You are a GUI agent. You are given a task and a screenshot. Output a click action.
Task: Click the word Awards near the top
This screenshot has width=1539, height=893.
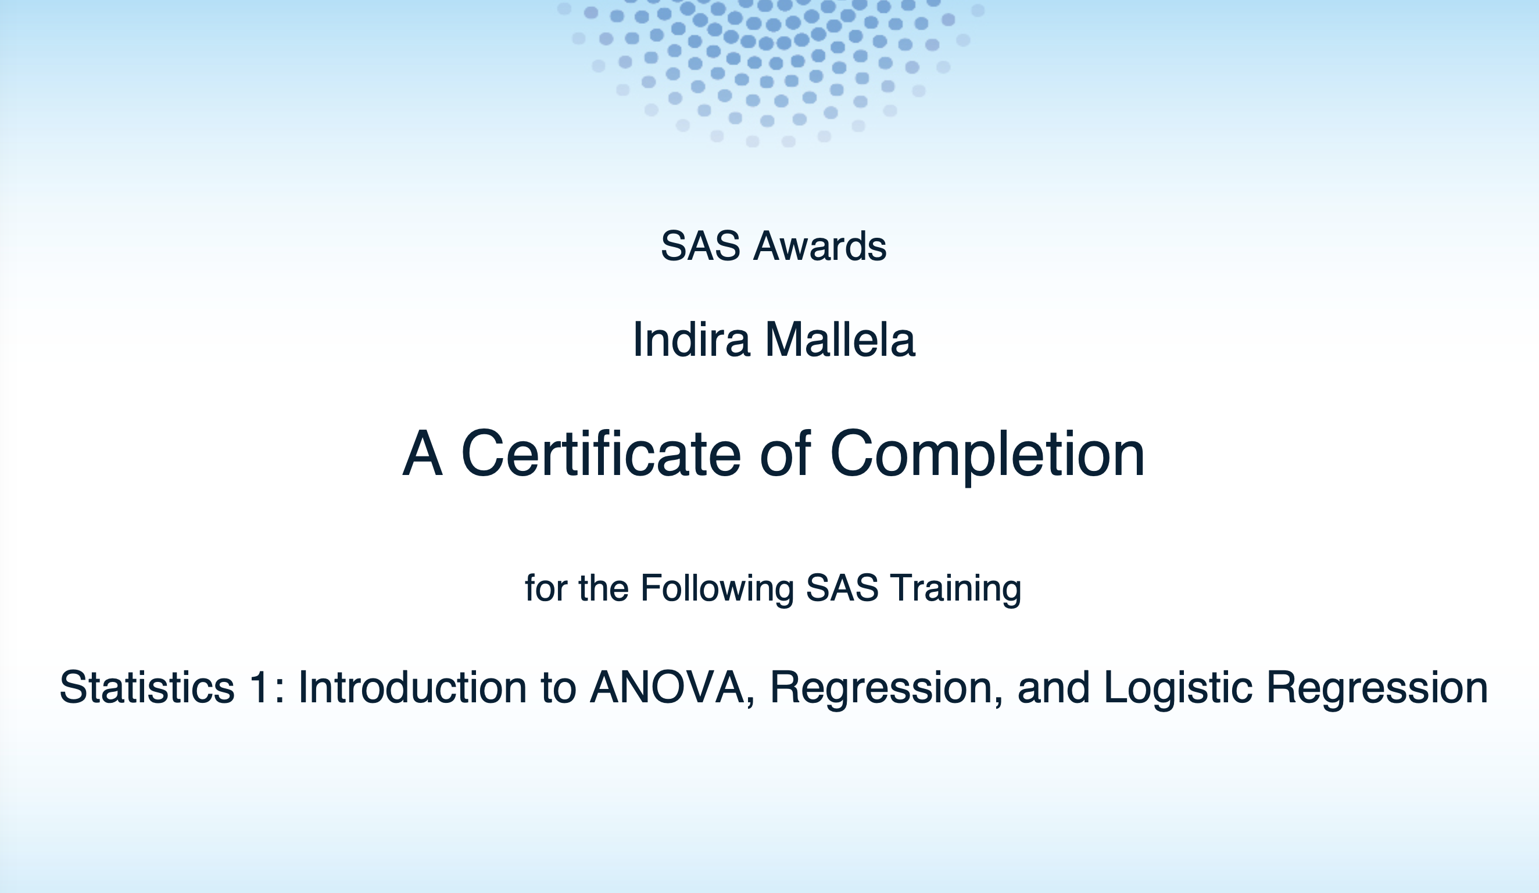click(819, 246)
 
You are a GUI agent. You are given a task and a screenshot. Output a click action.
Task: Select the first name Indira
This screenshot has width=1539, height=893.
click(690, 340)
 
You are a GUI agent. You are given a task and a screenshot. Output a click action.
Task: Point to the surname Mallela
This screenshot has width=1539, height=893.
click(840, 340)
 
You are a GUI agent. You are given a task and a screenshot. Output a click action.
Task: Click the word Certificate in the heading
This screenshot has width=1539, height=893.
click(601, 453)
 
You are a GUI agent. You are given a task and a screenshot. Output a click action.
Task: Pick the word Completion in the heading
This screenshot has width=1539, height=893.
click(987, 456)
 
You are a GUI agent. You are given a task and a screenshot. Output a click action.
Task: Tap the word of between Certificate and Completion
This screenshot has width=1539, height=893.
click(785, 453)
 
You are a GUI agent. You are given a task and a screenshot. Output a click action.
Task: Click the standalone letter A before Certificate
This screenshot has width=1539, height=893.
click(422, 453)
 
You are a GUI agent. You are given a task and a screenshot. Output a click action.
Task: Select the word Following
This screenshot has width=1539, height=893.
click(718, 589)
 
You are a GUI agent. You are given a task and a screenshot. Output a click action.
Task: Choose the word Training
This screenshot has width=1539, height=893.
click(955, 589)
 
